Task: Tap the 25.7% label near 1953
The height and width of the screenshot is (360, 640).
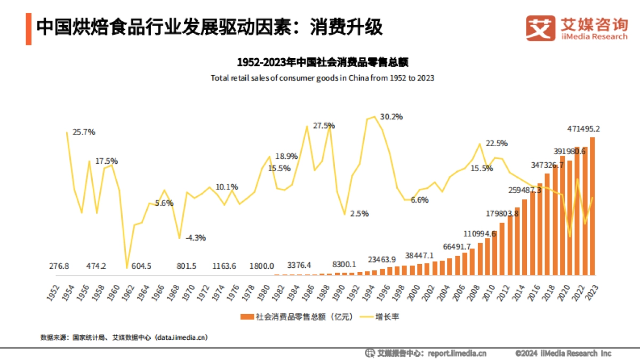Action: [84, 132]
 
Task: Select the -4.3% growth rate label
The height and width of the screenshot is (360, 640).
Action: [195, 237]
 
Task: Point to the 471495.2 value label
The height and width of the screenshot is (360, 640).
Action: [591, 129]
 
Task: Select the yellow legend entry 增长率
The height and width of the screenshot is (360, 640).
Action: [379, 317]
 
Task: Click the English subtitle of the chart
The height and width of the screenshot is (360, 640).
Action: [323, 78]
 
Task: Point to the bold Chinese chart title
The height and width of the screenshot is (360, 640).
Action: [323, 62]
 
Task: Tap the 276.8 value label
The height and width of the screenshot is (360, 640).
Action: [59, 265]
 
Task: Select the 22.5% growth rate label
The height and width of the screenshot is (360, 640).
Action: [497, 143]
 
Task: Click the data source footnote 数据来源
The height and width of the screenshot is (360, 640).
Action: [124, 337]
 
